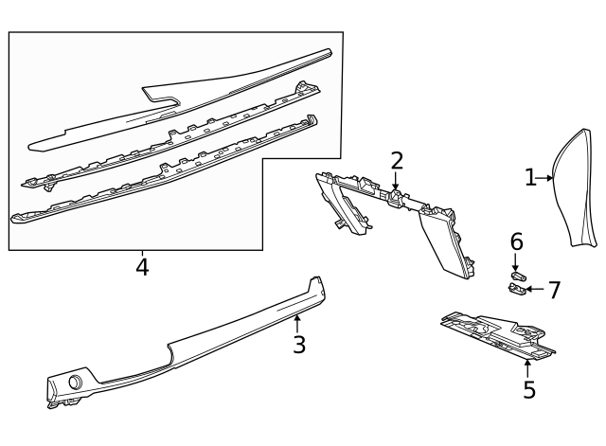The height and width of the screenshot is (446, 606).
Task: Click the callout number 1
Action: pyautogui.click(x=531, y=176)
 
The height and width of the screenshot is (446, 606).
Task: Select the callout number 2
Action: pyautogui.click(x=397, y=161)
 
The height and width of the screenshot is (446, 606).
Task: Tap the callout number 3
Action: pyautogui.click(x=299, y=344)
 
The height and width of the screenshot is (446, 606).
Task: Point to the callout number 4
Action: pyautogui.click(x=142, y=267)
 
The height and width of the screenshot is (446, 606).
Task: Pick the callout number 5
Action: pyautogui.click(x=528, y=388)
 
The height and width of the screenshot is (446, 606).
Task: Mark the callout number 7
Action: pyautogui.click(x=555, y=290)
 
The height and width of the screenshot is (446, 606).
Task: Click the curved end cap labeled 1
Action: pyautogui.click(x=575, y=189)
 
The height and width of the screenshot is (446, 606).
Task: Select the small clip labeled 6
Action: pyautogui.click(x=519, y=275)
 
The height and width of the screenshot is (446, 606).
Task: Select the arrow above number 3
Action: pyautogui.click(x=297, y=323)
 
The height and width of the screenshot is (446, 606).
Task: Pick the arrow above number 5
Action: pyautogui.click(x=527, y=366)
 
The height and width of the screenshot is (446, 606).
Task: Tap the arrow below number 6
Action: pyautogui.click(x=516, y=259)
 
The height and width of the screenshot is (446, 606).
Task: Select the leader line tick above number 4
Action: pyautogui.click(x=142, y=254)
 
